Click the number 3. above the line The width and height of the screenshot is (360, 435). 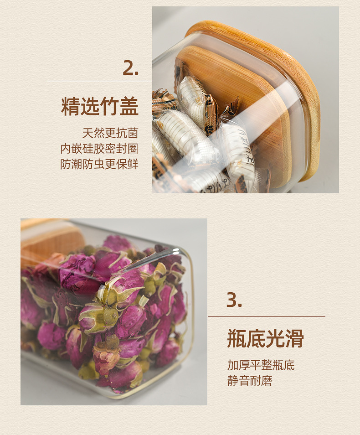(x=234, y=300)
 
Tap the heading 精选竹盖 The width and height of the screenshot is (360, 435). (x=99, y=106)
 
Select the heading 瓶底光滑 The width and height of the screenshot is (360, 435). (x=265, y=338)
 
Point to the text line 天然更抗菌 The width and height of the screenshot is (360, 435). (x=110, y=133)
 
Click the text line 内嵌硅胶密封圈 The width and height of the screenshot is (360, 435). (x=99, y=149)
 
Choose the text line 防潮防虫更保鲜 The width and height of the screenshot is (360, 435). (x=99, y=164)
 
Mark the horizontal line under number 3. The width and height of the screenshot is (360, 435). (x=267, y=316)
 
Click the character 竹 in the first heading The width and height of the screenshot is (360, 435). (x=109, y=106)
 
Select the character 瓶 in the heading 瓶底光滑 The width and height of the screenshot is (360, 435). (x=237, y=338)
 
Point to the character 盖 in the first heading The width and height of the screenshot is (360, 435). (x=129, y=106)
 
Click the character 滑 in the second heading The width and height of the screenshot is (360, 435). (x=294, y=338)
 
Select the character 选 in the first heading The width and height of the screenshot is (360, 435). (x=90, y=106)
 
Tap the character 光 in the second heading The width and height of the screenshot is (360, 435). (x=275, y=338)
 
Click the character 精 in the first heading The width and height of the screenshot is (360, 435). (x=70, y=106)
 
